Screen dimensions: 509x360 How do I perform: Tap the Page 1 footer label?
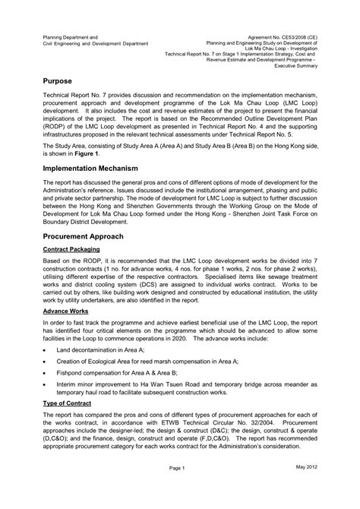coord(178,489)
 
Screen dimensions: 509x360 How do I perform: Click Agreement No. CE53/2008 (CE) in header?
coord(298,37)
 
